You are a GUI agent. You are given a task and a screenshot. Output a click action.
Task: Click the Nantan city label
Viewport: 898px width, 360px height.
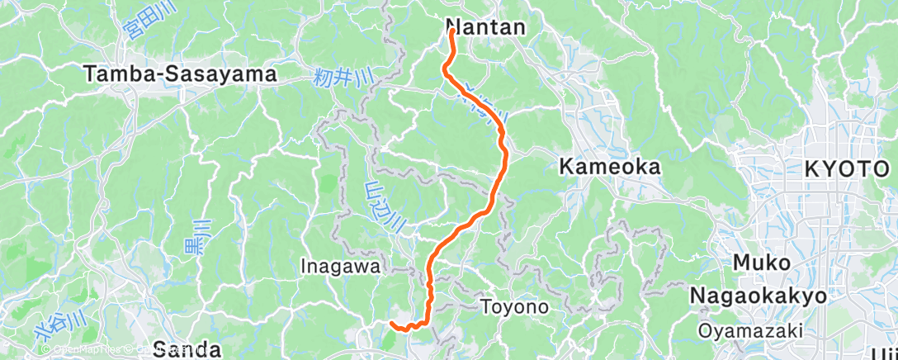485,26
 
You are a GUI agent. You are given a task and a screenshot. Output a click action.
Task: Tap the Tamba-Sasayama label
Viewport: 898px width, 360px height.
180,74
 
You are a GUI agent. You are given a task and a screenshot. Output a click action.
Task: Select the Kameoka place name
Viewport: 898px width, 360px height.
610,167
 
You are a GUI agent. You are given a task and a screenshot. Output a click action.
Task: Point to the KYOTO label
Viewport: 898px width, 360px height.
848,169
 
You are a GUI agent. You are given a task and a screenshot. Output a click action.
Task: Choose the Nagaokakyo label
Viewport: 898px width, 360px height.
758,296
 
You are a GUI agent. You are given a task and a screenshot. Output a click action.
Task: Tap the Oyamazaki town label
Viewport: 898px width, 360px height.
749,330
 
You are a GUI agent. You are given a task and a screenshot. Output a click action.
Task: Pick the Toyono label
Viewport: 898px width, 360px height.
515,307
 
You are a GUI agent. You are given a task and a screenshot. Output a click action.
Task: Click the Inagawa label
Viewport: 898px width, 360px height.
341,266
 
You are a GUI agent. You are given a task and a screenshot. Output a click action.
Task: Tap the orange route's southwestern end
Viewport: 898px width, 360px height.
390,324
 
